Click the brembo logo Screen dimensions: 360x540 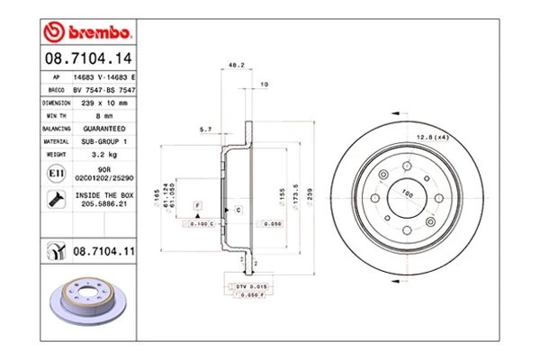point(88,33)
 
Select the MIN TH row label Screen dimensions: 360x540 point(56,116)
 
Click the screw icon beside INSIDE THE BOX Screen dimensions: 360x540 point(56,198)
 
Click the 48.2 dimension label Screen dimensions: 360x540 point(237,66)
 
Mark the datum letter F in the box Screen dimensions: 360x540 point(195,206)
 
